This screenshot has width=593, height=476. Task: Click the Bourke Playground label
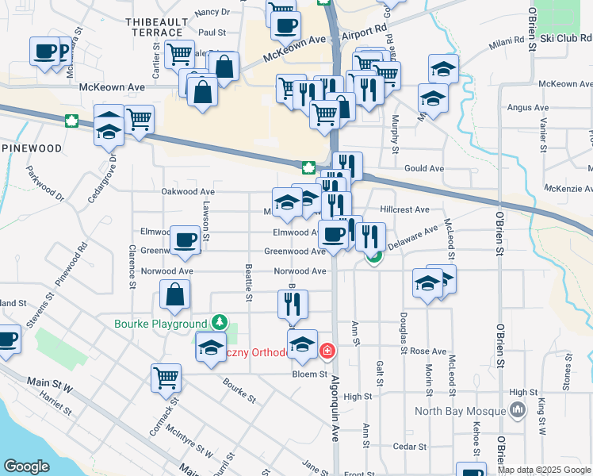pyautogui.click(x=160, y=324)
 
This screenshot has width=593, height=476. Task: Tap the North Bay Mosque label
pyautogui.click(x=461, y=411)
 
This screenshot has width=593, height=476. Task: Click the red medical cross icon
pyautogui.click(x=327, y=351)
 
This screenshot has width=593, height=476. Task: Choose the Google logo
pyautogui.click(x=27, y=466)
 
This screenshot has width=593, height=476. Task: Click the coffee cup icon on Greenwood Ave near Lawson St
pyautogui.click(x=185, y=239)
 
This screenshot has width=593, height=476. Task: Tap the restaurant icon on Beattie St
pyautogui.click(x=293, y=302)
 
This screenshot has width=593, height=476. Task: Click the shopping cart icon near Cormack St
pyautogui.click(x=166, y=377)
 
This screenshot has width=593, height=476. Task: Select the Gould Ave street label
pyautogui.click(x=424, y=169)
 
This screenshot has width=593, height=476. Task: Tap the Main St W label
pyautogui.click(x=50, y=382)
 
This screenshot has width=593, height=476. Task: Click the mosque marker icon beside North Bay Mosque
pyautogui.click(x=518, y=409)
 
